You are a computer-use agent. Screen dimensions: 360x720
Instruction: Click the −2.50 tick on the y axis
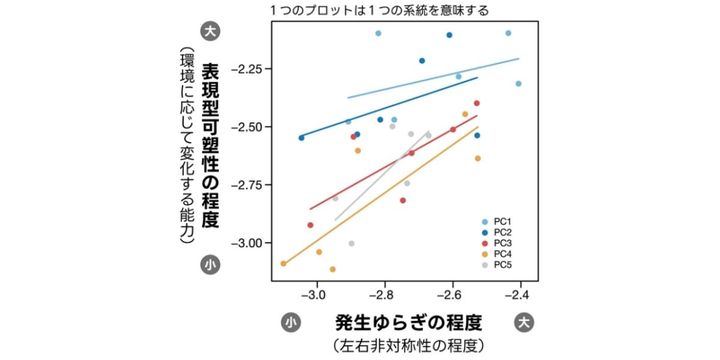coord(246,127)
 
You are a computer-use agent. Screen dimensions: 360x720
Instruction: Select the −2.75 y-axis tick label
coord(246,185)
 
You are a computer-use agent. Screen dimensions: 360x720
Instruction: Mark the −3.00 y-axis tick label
coord(246,243)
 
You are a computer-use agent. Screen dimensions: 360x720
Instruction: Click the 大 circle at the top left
coord(210,30)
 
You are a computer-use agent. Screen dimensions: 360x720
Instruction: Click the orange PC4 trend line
coord(400,191)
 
